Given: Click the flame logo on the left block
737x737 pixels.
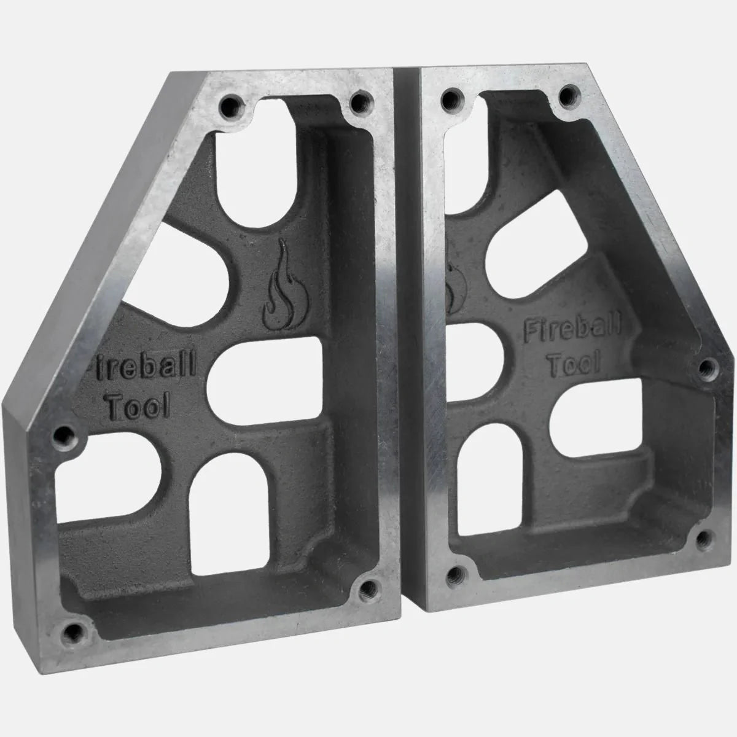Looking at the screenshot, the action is tap(284, 286).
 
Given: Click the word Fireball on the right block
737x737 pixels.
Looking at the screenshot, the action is tap(572, 331).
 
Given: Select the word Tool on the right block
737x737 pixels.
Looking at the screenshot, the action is tap(573, 364).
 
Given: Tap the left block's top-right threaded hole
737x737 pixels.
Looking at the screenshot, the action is tap(361, 101).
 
